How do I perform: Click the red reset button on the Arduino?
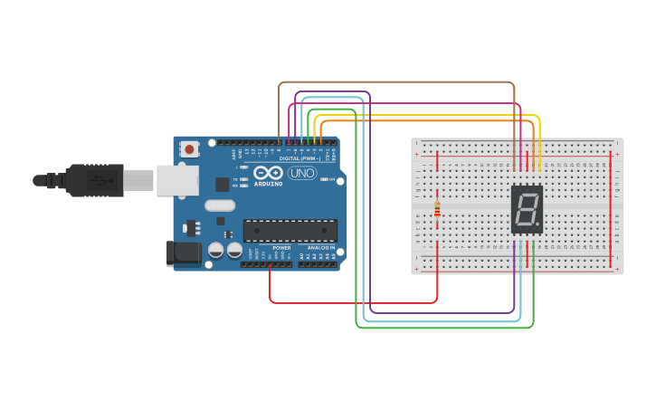[x=189, y=148]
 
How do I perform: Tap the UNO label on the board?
[x=301, y=173]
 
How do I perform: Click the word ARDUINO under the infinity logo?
[x=268, y=184]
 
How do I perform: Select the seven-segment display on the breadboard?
[x=527, y=210]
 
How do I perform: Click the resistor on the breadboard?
[x=437, y=209]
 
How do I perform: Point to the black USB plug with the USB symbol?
[x=93, y=180]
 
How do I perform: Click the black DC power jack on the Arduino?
[x=184, y=253]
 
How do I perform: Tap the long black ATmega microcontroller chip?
[x=290, y=231]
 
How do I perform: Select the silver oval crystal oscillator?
[x=220, y=205]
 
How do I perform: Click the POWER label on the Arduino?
[x=281, y=247]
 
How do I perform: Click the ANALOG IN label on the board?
[x=320, y=247]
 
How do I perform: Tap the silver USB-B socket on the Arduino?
[x=177, y=180]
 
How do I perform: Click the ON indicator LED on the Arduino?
[x=324, y=179]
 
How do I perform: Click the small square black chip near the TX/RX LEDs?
[x=222, y=184]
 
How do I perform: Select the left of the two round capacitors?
[x=216, y=249]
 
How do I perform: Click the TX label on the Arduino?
[x=235, y=179]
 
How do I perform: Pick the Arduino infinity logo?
[x=268, y=172]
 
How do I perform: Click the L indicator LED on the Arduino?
[x=243, y=167]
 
